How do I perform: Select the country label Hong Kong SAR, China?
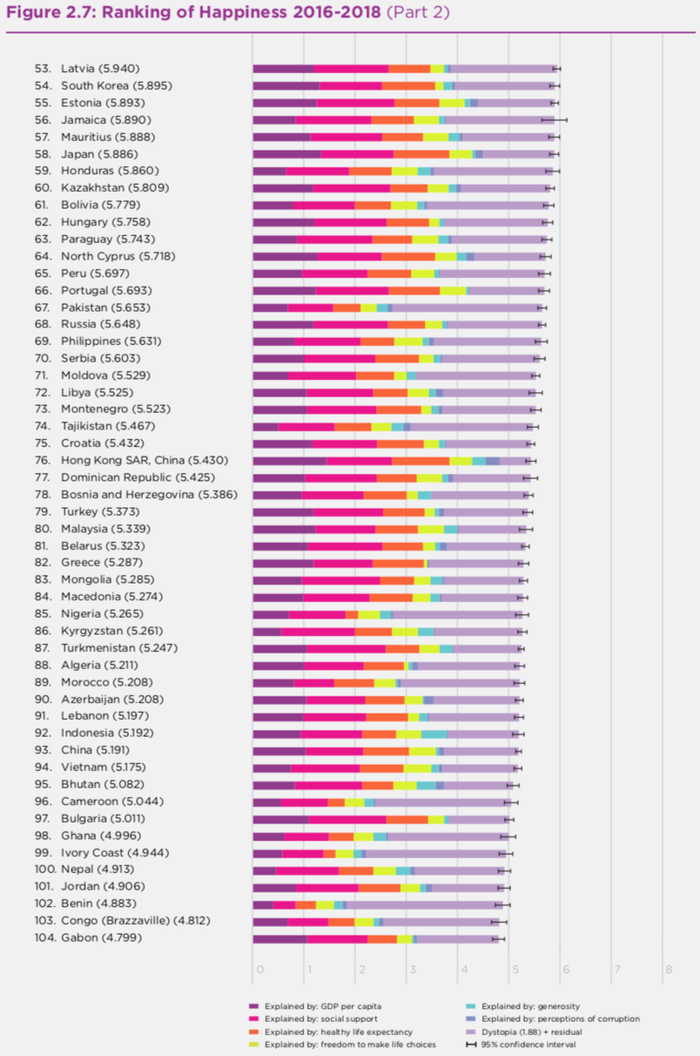[x=128, y=460]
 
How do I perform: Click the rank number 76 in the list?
[x=42, y=460]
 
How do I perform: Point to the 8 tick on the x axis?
[x=668, y=970]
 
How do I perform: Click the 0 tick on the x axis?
[x=259, y=970]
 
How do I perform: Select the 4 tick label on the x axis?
[x=463, y=970]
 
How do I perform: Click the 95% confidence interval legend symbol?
[x=470, y=1045]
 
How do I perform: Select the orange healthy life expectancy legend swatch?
[x=254, y=1031]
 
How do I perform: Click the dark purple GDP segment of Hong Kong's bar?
[x=289, y=460]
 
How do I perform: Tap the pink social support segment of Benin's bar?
[x=284, y=904]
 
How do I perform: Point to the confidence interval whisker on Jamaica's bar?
[x=554, y=120]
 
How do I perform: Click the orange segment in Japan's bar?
[x=420, y=154]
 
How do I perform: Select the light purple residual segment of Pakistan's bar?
[x=466, y=307]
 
